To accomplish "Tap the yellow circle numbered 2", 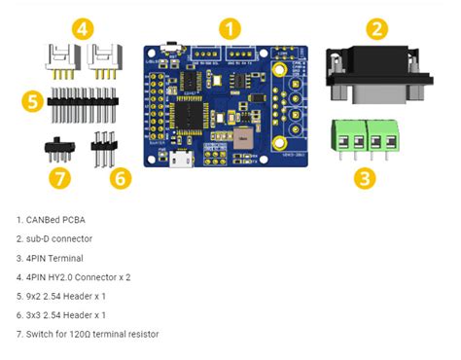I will coord(378,28).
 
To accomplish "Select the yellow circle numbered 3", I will coord(363,177).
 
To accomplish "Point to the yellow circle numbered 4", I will coord(84,28).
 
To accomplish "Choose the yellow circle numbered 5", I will coord(33,100).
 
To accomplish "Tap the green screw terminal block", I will coord(363,139).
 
